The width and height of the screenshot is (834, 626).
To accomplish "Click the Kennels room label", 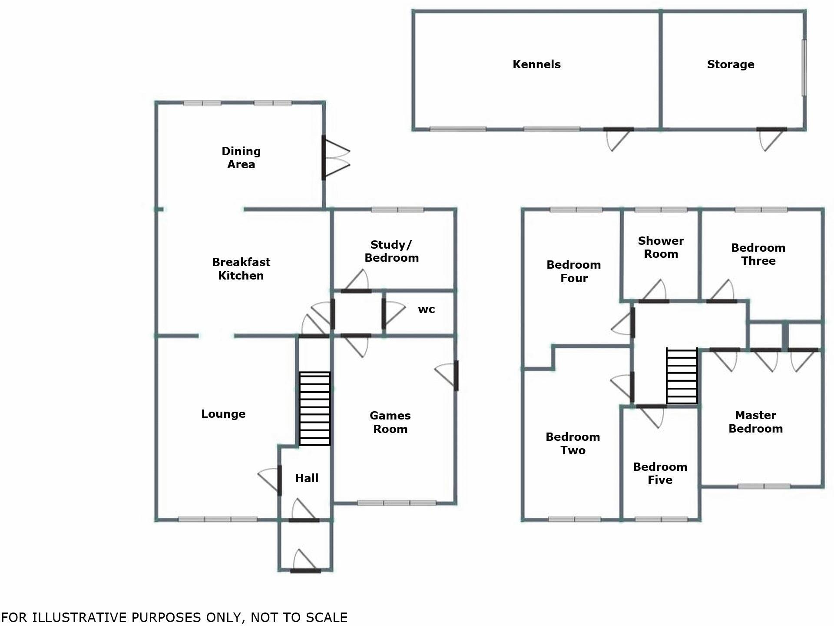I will point(536,64).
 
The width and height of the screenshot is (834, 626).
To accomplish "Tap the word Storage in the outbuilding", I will point(731,64).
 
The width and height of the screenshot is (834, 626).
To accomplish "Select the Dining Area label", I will point(241,158).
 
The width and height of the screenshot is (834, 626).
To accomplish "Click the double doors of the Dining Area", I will point(336,158).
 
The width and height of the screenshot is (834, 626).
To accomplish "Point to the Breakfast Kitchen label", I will point(241,269).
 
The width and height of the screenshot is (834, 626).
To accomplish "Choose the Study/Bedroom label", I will point(391,251).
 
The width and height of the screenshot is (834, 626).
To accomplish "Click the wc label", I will point(426,310).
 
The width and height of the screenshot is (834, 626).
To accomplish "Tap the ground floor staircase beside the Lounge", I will point(314,409).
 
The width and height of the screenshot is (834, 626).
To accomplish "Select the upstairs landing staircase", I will point(682,376).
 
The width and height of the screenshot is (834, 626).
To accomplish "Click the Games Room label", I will point(390,422).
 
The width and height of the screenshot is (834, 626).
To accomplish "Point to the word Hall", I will point(307,478).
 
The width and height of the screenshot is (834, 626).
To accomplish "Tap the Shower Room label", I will point(661,247).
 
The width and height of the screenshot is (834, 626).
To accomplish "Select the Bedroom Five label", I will point(660,473).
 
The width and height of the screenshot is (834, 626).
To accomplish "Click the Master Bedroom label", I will point(755,422).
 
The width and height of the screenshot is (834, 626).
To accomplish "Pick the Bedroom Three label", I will point(758,254).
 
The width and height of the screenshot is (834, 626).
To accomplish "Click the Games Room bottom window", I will point(397,503).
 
